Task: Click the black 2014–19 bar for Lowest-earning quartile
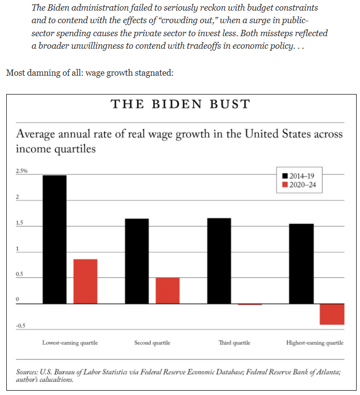54,239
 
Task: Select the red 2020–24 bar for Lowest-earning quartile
85,281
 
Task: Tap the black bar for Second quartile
136,261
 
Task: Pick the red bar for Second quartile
167,290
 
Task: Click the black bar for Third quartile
219,260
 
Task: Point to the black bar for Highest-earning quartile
301,263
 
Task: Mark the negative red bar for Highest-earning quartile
332,314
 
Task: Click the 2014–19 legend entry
299,176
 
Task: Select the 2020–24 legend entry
299,185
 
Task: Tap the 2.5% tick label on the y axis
22,171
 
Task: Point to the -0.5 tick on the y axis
21,326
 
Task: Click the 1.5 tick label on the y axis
20,223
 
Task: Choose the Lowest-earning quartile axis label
70,343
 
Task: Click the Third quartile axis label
234,343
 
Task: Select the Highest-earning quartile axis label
315,343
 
